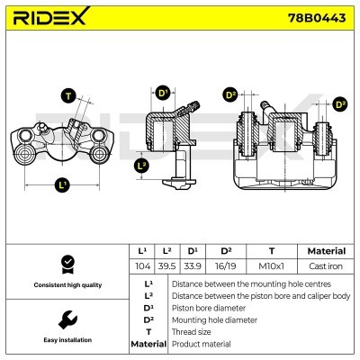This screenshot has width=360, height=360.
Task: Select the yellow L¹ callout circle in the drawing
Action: [61, 185]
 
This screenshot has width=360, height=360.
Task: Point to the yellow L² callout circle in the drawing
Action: [141, 165]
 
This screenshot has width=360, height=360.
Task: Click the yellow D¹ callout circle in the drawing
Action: [163, 93]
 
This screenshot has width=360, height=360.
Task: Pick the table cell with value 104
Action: [140, 266]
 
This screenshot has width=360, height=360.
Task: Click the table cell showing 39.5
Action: [166, 266]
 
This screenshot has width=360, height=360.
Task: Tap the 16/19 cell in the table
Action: [226, 266]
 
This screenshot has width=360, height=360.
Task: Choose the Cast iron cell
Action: [326, 266]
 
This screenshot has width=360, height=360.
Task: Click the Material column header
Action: [326, 251]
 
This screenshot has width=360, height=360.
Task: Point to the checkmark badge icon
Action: [66, 265]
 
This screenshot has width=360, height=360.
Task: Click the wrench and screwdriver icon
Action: [66, 319]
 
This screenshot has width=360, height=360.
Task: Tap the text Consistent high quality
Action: [66, 285]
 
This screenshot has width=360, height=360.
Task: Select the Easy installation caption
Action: [66, 340]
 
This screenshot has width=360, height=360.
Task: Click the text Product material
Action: [203, 343]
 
